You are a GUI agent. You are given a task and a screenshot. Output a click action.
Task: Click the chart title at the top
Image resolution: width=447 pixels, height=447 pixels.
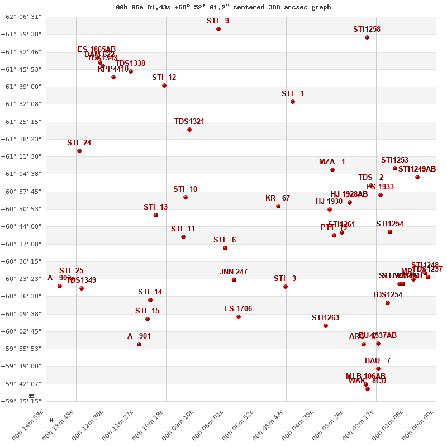point(223,7)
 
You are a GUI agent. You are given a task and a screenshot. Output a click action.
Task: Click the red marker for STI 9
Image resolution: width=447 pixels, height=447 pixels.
point(218,29)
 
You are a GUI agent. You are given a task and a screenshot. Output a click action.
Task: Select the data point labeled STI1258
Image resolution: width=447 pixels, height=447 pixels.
point(367,37)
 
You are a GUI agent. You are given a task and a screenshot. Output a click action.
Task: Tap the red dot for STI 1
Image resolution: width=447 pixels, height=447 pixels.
point(293,102)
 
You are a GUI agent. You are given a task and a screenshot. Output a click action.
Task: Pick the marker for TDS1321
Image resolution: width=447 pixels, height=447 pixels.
point(189,130)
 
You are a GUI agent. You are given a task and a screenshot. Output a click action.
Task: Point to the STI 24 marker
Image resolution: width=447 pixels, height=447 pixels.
point(79,151)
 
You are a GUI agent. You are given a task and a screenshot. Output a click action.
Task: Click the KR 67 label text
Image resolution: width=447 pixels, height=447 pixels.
point(278,198)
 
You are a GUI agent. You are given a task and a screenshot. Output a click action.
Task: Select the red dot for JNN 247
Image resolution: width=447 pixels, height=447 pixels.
point(234,280)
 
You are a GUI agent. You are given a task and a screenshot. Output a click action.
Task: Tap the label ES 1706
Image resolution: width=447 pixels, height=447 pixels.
point(238,309)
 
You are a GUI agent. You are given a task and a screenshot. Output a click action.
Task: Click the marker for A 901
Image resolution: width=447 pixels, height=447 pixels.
point(139,344)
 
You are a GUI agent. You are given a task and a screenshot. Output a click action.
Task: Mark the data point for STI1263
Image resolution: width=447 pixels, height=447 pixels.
point(326,326)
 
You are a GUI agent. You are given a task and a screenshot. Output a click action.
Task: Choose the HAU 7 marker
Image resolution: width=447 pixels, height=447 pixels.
point(378,369)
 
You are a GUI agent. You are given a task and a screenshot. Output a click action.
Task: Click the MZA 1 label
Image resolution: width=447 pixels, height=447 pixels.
point(332,162)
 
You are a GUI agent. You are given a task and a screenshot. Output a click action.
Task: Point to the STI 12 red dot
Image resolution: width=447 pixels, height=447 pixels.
point(164,85)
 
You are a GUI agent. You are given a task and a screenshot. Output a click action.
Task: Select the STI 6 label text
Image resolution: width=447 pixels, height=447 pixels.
point(225,240)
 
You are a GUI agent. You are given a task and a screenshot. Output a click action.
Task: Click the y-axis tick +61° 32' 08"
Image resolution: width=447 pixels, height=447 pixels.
point(21,104)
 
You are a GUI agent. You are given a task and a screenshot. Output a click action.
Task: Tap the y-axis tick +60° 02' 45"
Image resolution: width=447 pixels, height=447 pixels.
point(21,331)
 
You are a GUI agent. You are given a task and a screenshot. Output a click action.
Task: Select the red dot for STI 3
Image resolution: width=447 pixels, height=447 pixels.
point(286,287)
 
